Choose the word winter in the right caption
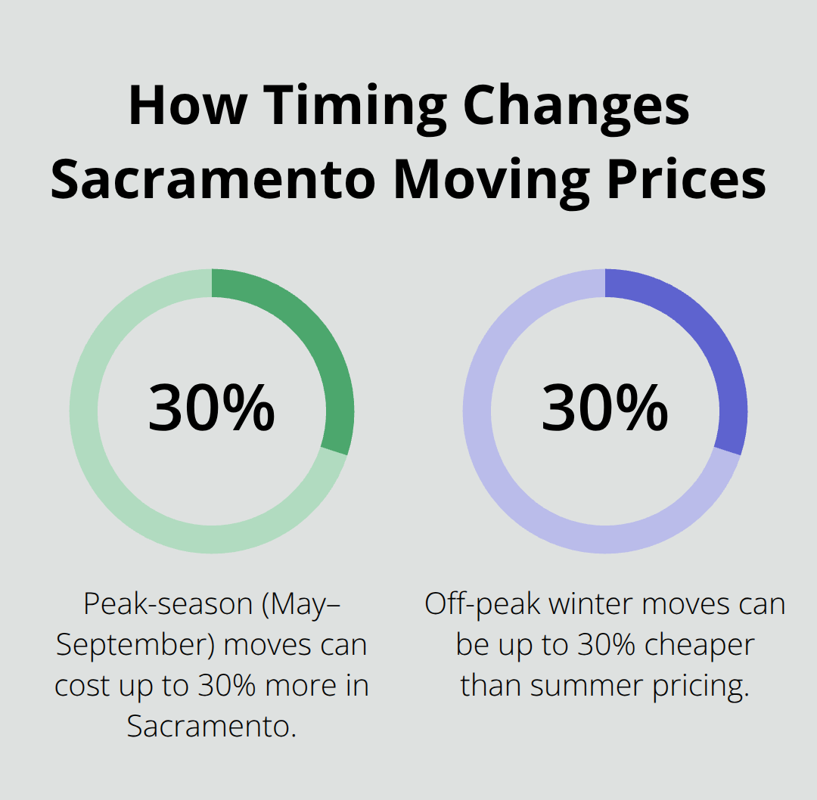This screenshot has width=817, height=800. coord(588,604)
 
